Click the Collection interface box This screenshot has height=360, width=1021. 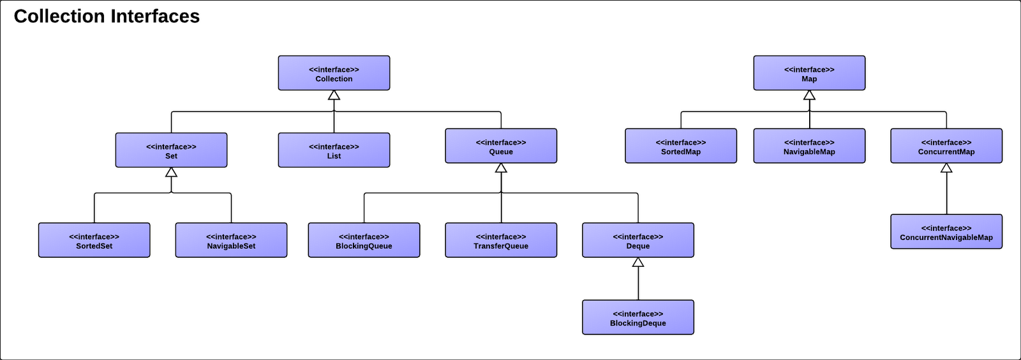334,73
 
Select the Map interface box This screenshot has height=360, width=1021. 809,73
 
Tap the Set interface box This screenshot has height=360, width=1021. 171,151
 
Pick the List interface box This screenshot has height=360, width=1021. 334,151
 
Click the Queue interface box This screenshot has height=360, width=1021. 501,146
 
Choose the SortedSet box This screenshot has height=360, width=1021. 94,241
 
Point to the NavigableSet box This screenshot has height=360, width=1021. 231,241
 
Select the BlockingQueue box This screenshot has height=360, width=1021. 364,241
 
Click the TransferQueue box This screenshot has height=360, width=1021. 501,241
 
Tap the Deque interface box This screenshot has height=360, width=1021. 637,241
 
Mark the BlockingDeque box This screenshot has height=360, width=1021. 637,318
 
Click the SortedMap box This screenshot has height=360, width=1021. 681,146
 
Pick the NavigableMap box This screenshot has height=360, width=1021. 809,146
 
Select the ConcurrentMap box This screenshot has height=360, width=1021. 946,146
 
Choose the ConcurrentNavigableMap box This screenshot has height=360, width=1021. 946,232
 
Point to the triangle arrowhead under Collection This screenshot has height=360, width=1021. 334,96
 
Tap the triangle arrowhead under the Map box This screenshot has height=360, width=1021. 809,96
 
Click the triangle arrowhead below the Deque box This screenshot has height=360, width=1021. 637,262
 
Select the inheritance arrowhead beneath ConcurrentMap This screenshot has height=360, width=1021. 946,169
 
